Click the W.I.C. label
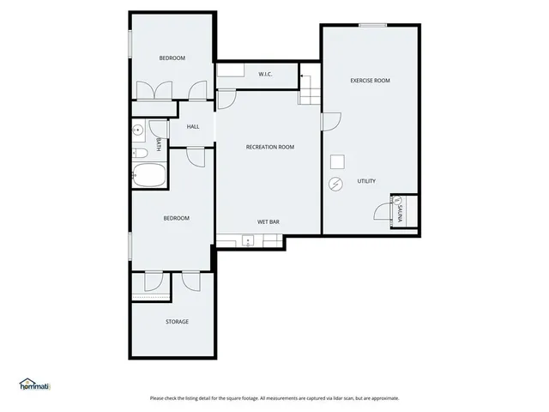[x=265, y=75]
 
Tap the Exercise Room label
[x=370, y=81]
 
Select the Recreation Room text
[x=270, y=147]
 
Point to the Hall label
[x=193, y=127]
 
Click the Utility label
[x=366, y=181]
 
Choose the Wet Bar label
[x=268, y=221]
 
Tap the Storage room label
[x=177, y=322]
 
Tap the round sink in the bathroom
[x=138, y=131]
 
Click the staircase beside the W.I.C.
[x=309, y=89]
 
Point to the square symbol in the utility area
[x=338, y=161]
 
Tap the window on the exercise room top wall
[x=371, y=25]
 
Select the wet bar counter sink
[x=247, y=241]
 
